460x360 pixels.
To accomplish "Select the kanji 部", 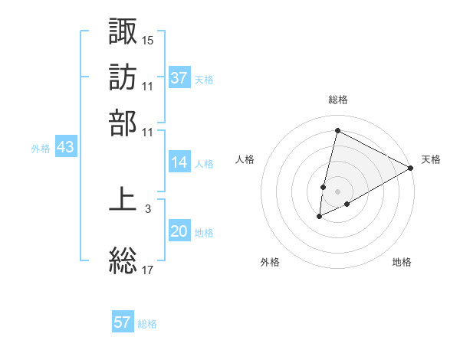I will (123, 122).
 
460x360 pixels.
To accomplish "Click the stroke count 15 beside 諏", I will (148, 38).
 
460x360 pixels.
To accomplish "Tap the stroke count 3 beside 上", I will (148, 208).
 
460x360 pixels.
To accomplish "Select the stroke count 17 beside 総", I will (148, 269).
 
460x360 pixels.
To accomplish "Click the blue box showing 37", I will (179, 77).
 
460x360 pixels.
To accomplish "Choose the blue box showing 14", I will (179, 162).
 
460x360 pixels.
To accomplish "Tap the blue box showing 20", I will (179, 232).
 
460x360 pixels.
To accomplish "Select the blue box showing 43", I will (65, 148).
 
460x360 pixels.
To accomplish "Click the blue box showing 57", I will (123, 322).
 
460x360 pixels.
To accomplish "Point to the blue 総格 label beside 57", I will (147, 324).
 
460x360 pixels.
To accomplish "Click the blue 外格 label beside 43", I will (41, 149).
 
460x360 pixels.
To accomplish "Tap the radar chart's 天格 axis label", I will (432, 159).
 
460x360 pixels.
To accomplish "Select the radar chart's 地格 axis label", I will (402, 263).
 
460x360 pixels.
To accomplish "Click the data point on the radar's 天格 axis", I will (411, 168).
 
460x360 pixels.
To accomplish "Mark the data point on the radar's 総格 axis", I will (337, 130).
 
